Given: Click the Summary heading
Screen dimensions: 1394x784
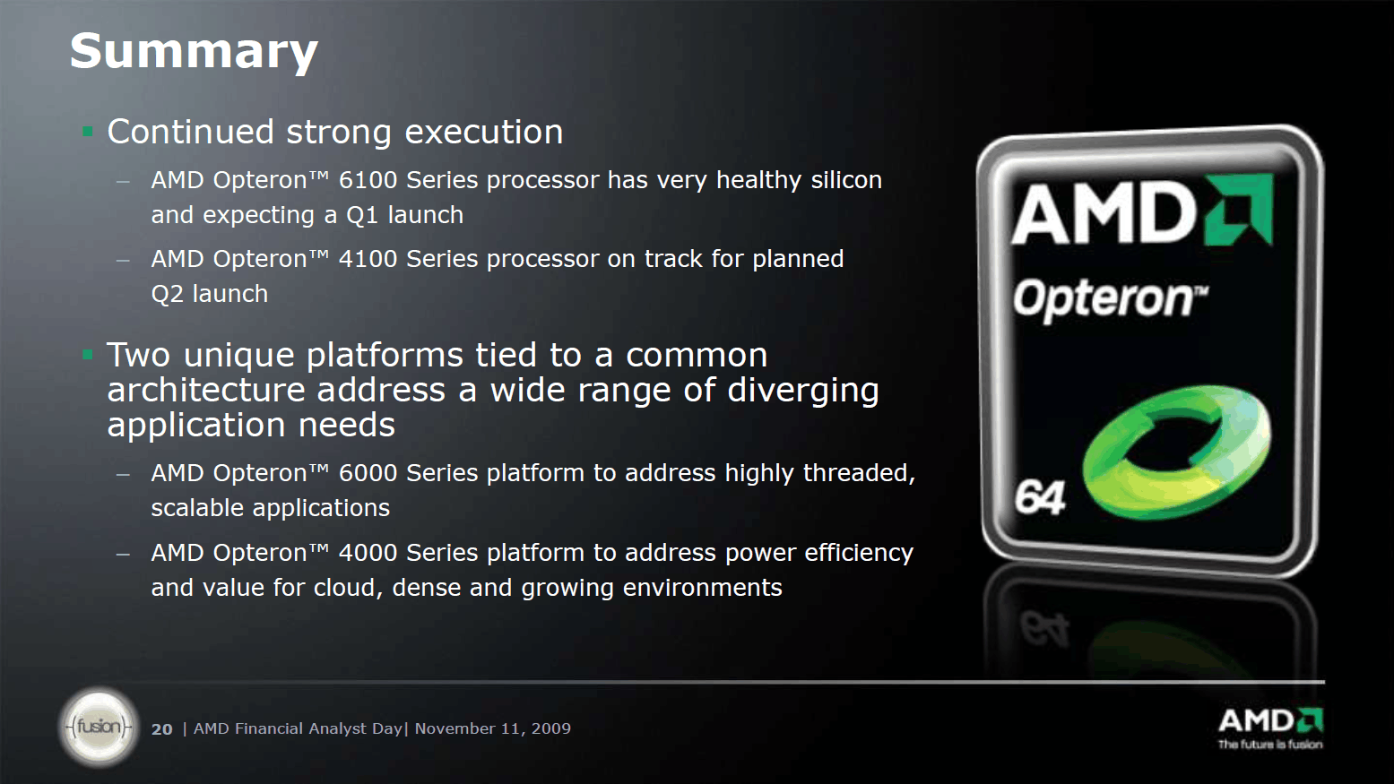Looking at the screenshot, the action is coord(195,52).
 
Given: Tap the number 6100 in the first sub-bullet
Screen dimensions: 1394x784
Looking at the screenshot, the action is coord(368,180).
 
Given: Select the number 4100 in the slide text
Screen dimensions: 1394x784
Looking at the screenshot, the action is coord(368,259).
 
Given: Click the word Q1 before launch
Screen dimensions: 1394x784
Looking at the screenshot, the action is coord(362,215).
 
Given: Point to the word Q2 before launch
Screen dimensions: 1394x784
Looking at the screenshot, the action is coord(168,294).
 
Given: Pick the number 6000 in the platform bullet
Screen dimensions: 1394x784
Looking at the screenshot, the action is coord(368,473).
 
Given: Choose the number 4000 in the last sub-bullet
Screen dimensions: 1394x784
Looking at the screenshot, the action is coord(368,553).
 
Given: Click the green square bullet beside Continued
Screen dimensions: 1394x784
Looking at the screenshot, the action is coord(88,132).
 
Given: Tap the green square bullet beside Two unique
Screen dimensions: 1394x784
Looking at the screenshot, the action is coord(88,355).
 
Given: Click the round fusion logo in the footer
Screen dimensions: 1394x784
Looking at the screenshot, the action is coord(99,727).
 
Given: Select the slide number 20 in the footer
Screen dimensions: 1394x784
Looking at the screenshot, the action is coord(161,729).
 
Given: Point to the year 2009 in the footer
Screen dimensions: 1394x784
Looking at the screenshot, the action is coord(551,728).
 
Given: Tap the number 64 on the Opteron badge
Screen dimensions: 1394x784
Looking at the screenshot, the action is coord(1040,498).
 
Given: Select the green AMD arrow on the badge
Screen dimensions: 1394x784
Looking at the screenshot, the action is coord(1238,210).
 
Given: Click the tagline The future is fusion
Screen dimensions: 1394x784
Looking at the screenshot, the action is coord(1270,745).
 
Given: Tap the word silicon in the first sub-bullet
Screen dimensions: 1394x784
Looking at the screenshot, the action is coord(846,180).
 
